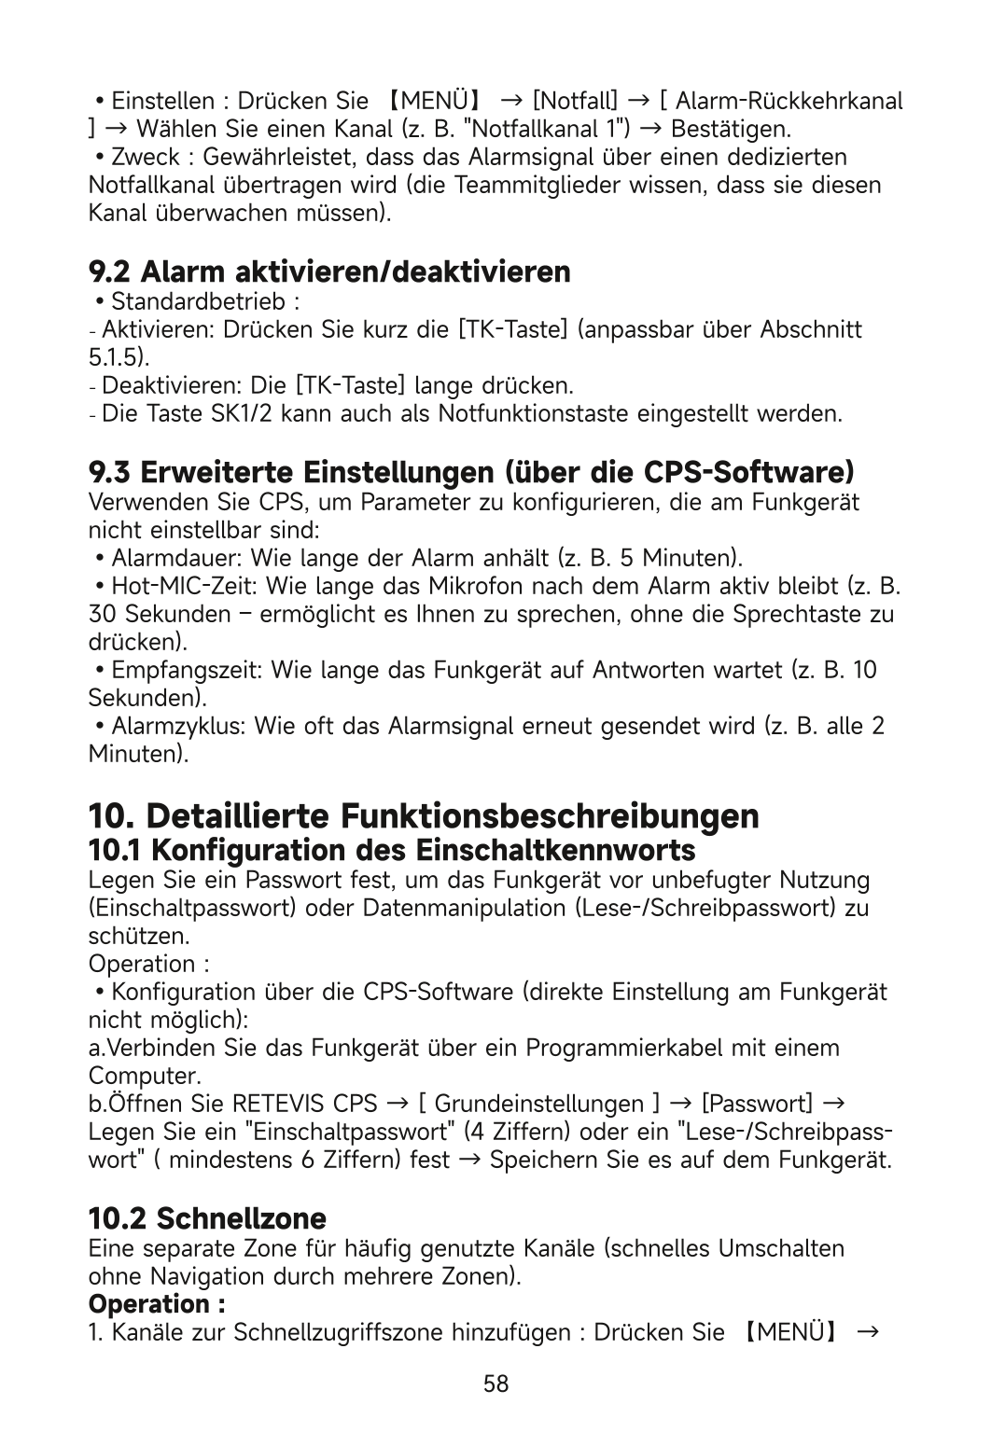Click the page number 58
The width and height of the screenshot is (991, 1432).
tap(495, 1383)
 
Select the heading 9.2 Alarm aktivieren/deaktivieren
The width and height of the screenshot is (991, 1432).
tap(328, 272)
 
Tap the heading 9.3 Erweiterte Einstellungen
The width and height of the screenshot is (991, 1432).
tap(471, 470)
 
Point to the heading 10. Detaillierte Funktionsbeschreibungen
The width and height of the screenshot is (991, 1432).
tap(423, 816)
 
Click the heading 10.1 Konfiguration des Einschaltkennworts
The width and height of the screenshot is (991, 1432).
tap(391, 851)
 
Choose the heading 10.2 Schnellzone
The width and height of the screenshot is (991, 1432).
tap(207, 1217)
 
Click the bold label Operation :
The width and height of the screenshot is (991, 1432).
tap(157, 1302)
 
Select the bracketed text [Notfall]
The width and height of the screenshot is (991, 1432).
tap(574, 100)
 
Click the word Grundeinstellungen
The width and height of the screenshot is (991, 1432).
tap(539, 1105)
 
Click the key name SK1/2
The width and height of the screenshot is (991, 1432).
tap(242, 412)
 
